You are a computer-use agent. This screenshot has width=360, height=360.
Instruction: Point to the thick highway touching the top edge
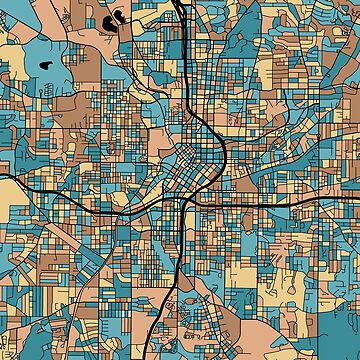pyautogui.click(x=178, y=3)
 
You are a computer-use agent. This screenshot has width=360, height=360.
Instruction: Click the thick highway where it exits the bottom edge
pyautogui.click(x=161, y=356)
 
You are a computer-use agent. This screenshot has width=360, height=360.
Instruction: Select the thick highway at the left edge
pyautogui.click(x=3, y=177)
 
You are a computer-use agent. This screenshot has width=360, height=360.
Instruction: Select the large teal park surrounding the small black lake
pyautogui.click(x=40, y=75)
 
